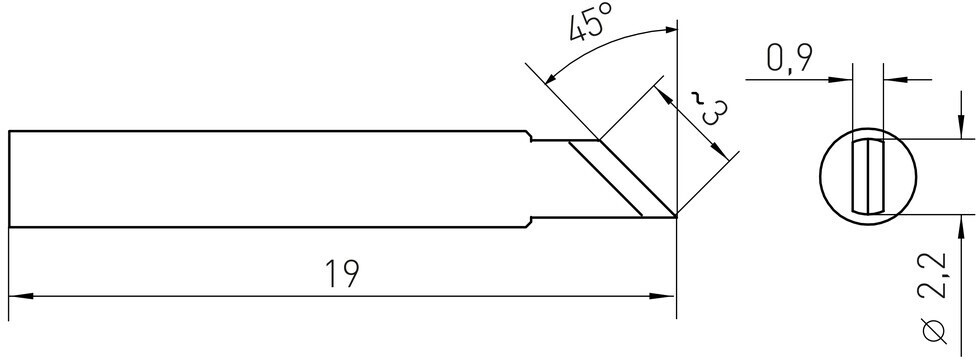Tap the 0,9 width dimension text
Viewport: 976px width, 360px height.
tap(789, 60)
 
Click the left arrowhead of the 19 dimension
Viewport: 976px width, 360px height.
tap(20, 296)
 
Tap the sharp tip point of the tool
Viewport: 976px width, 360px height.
tap(676, 217)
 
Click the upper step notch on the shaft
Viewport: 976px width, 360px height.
tap(530, 136)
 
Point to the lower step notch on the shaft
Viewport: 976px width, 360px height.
tap(530, 222)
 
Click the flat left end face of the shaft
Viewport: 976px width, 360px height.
tap(9, 179)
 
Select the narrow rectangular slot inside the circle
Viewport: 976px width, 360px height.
tap(867, 177)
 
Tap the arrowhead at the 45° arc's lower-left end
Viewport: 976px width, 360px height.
tap(550, 77)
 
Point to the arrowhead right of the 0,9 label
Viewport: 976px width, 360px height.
tap(839, 80)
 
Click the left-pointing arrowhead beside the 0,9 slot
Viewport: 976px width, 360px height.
tap(895, 80)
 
